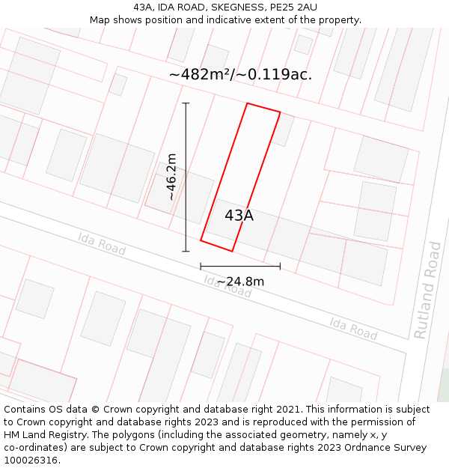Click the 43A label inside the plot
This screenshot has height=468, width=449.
coord(239,216)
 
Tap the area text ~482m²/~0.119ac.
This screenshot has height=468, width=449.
coord(240,74)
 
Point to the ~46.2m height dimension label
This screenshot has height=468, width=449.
coord(171,177)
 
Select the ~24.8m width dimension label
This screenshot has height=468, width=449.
coord(240,282)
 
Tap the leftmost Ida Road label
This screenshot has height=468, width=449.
coord(102,243)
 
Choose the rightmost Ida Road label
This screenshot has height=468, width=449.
coord(353,327)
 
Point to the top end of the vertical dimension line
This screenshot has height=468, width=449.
coord(186,103)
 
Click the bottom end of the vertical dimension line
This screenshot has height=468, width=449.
coord(186,251)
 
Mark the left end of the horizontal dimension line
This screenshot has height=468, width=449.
coord(201,266)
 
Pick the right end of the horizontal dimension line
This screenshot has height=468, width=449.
coord(280,266)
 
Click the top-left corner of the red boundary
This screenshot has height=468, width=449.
coord(247,103)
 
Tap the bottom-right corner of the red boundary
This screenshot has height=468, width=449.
coord(232,251)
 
